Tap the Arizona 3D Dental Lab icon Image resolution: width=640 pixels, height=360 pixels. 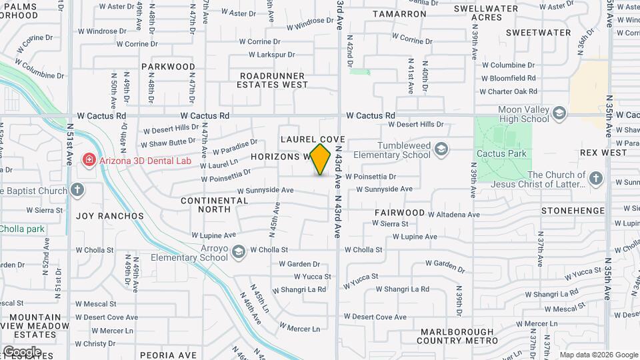pyautogui.click(x=88, y=160)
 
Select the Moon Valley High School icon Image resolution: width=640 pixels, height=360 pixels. pyautogui.click(x=558, y=113)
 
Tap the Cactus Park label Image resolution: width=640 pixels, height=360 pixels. pyautogui.click(x=501, y=153)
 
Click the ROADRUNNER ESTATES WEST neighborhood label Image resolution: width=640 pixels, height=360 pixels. pyautogui.click(x=273, y=80)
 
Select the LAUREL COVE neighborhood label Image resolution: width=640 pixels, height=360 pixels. pyautogui.click(x=313, y=139)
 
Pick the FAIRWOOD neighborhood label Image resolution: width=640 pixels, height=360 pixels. pyautogui.click(x=400, y=213)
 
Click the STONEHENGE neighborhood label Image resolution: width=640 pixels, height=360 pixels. pyautogui.click(x=573, y=211)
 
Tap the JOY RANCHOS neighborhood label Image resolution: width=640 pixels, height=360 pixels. pyautogui.click(x=110, y=216)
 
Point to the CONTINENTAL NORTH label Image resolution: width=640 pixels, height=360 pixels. pyautogui.click(x=215, y=205)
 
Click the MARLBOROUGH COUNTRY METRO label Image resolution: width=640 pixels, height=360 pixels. pyautogui.click(x=458, y=336)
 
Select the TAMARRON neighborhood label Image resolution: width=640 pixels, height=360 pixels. pyautogui.click(x=399, y=13)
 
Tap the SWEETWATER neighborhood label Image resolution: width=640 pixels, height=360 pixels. pyautogui.click(x=538, y=32)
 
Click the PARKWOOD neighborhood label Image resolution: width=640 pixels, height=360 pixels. pyautogui.click(x=168, y=67)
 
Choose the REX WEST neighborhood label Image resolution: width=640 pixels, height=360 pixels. pyautogui.click(x=603, y=153)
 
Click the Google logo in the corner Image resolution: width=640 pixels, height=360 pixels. pyautogui.click(x=22, y=351)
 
